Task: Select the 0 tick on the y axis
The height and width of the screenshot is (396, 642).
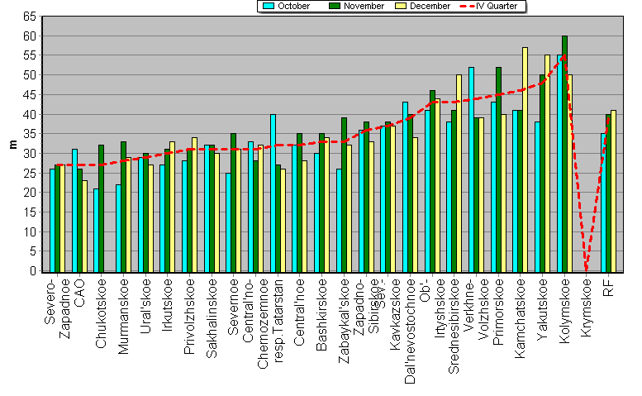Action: [33, 270]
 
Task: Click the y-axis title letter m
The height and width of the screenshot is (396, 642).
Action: [12, 144]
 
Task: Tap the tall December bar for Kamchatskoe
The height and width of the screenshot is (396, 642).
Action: [525, 159]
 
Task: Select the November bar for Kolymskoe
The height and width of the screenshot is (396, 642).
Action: [564, 153]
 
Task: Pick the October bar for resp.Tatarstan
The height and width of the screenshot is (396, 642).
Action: [273, 193]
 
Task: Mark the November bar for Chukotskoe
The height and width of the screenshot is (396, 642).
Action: [102, 208]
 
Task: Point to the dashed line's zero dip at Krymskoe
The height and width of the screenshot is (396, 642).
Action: [587, 268]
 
